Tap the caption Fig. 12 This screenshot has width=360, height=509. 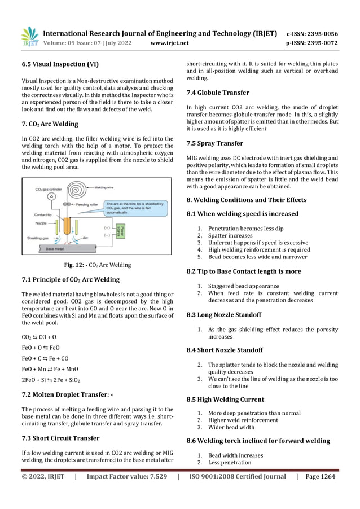98,265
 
